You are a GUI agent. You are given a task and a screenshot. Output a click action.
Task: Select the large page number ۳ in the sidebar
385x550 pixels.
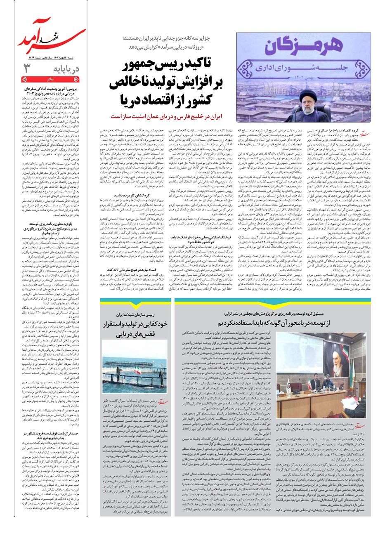tap(27, 68)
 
